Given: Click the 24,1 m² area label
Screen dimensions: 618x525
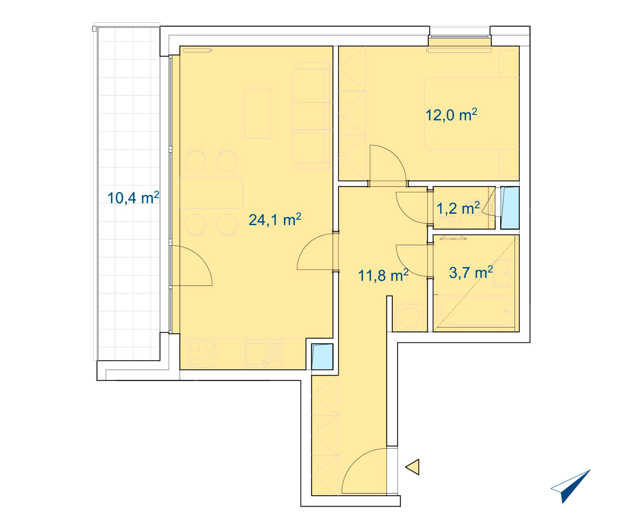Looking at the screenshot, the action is pos(275,220).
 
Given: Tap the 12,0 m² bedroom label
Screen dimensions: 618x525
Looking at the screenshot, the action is pos(451,115).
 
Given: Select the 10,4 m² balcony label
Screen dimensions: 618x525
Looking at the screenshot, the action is pos(133,198).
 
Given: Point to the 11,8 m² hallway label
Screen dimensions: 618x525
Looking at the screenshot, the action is pos(383,275).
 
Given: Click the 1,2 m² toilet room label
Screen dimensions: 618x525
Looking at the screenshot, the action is pos(458,208).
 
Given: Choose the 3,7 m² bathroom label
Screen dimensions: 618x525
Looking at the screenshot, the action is pos(471,272).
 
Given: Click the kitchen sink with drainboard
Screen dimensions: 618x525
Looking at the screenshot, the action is pos(264,353).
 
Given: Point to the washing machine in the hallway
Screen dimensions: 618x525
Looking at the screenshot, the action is pos(409,317).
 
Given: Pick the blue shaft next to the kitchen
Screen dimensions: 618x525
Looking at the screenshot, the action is pos(322,357).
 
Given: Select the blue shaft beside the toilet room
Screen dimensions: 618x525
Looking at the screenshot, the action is pos(510,208).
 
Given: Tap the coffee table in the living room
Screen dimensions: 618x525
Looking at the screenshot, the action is pos(258,113).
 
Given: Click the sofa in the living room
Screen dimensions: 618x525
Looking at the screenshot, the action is pos(312,116).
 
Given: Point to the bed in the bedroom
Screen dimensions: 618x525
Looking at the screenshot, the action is pos(472,113).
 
